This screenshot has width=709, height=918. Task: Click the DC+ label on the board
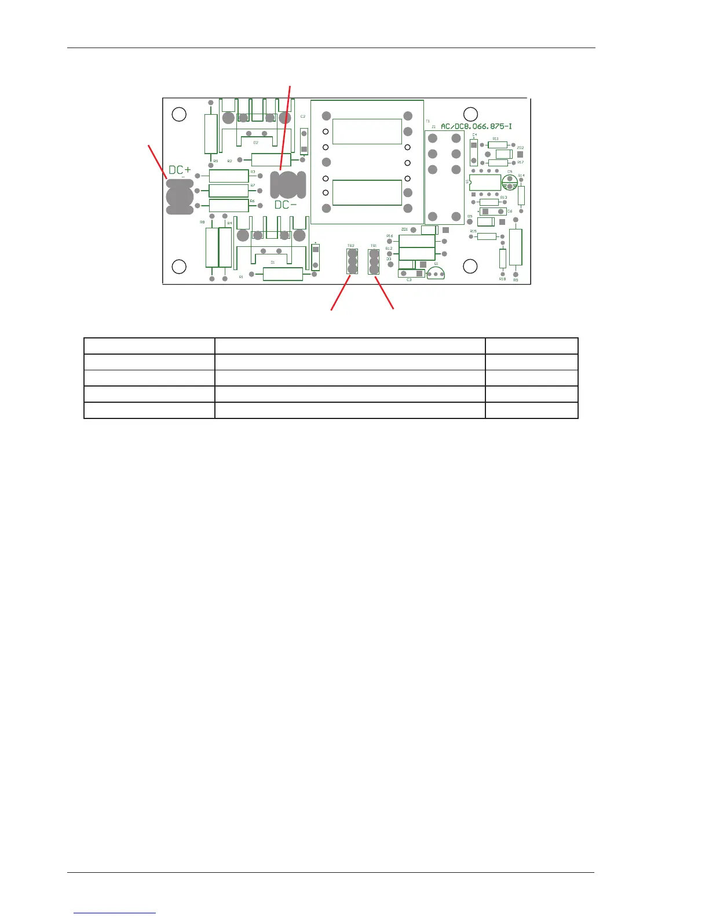click(180, 170)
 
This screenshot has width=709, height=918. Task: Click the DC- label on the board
click(286, 205)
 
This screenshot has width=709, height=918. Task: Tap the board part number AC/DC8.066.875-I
click(476, 126)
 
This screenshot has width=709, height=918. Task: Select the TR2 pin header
click(352, 261)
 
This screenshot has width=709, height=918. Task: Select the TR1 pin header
click(374, 262)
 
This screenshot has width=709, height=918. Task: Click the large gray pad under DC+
click(180, 196)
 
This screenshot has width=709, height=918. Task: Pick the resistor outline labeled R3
click(229, 176)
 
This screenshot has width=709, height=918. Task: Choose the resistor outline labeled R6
click(229, 205)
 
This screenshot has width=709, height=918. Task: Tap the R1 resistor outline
click(283, 274)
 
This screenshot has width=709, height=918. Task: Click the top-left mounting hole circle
click(180, 114)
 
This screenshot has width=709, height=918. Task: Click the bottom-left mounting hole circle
click(180, 266)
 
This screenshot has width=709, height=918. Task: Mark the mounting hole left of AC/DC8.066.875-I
click(470, 114)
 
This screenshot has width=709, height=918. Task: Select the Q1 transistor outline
click(436, 274)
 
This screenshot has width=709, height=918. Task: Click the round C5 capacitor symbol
click(510, 182)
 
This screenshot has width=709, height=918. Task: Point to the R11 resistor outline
click(498, 145)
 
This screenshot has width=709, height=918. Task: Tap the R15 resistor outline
click(487, 236)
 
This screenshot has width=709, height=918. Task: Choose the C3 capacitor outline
click(411, 274)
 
